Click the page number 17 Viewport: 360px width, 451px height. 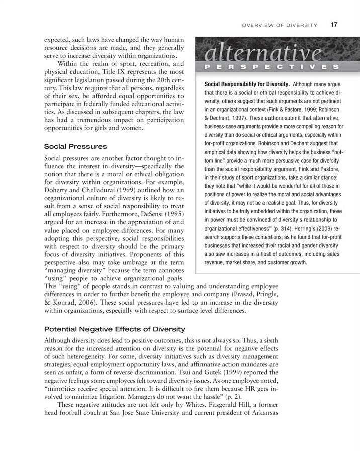point(334,25)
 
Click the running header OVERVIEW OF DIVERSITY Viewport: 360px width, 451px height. point(280,25)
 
